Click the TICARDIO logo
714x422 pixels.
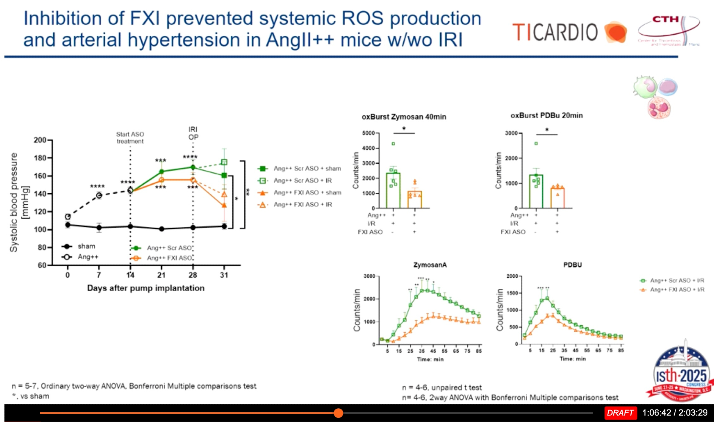tap(569, 32)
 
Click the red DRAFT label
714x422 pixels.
tap(620, 413)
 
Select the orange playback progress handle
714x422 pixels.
tap(338, 413)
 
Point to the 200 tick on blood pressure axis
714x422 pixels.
tap(40, 140)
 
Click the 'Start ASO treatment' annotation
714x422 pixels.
tap(130, 138)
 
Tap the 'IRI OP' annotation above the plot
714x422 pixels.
tap(193, 133)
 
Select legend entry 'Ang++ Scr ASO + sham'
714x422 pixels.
tap(307, 168)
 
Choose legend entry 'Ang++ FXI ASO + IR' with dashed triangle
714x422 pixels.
tap(302, 204)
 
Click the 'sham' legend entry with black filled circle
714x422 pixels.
tap(86, 246)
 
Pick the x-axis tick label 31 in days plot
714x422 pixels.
tap(224, 275)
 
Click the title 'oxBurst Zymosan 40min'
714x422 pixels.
tap(404, 117)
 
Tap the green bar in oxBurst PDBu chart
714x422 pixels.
tap(536, 191)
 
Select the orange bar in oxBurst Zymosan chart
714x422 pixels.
tap(414, 199)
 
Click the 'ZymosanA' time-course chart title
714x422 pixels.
tap(430, 265)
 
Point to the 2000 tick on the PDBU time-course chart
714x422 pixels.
tap(512, 276)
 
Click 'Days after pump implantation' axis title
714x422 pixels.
tap(146, 288)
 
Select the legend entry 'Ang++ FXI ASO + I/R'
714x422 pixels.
tap(677, 289)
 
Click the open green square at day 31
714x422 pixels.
tap(224, 162)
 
